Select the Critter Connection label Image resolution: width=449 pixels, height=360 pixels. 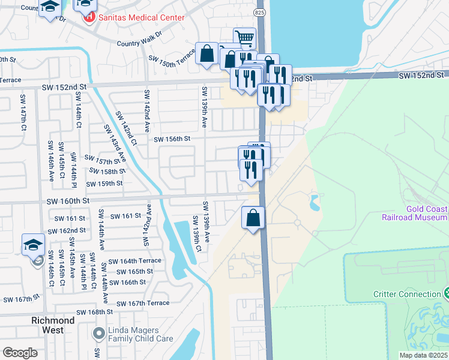tap(407, 294)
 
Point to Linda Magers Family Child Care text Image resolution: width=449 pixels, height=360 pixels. tap(141, 334)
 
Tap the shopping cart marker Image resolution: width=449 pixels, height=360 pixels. tap(244, 38)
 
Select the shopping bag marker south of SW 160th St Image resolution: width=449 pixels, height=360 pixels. tap(253, 217)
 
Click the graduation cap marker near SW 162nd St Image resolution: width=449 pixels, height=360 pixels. tap(33, 245)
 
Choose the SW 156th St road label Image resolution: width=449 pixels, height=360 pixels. tap(172, 139)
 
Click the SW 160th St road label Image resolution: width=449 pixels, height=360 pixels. tap(67, 201)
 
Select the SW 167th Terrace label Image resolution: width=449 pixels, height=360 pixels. tap(143, 303)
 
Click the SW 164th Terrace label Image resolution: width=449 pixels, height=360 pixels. tap(135, 261)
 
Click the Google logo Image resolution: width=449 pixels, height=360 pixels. tap(20, 352)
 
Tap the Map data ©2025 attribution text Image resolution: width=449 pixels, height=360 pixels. tap(423, 355)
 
